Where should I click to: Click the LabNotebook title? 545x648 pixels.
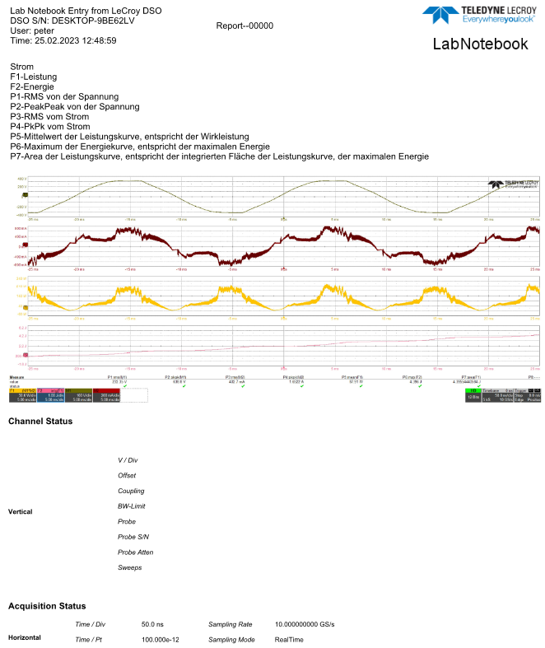pos(480,44)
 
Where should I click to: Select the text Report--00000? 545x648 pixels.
pos(245,26)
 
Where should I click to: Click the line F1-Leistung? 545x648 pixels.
pos(34,77)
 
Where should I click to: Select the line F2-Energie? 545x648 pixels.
pos(32,86)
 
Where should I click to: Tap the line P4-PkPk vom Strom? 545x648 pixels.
pos(50,127)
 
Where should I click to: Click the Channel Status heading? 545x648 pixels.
pos(40,422)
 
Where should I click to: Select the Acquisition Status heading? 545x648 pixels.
pos(47,606)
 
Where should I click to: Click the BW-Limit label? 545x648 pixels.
pos(132,506)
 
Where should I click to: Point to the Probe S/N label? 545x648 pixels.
pos(133,537)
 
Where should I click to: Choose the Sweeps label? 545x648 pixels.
pos(130,567)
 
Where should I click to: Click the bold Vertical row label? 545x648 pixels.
pos(21,511)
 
